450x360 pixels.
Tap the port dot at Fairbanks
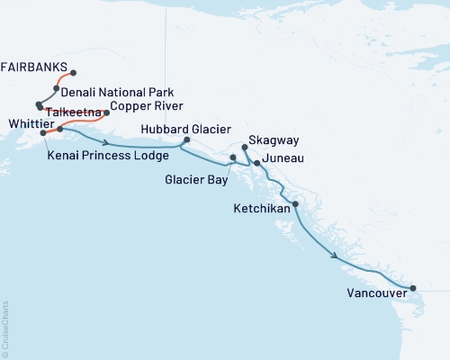(x=73, y=73)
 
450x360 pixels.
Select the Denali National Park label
(x=119, y=93)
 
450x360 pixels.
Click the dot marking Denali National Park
(x=57, y=89)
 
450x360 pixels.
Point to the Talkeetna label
(x=73, y=112)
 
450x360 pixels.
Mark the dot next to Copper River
(x=107, y=112)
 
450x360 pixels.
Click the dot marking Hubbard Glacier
(x=186, y=140)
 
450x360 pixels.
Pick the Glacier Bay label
(x=194, y=178)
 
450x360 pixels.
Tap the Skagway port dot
(x=245, y=146)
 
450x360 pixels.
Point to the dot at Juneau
(x=257, y=163)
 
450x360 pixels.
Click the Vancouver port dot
(x=413, y=289)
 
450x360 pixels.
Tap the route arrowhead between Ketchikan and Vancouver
(x=336, y=256)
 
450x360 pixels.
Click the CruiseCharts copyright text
(x=6, y=326)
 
